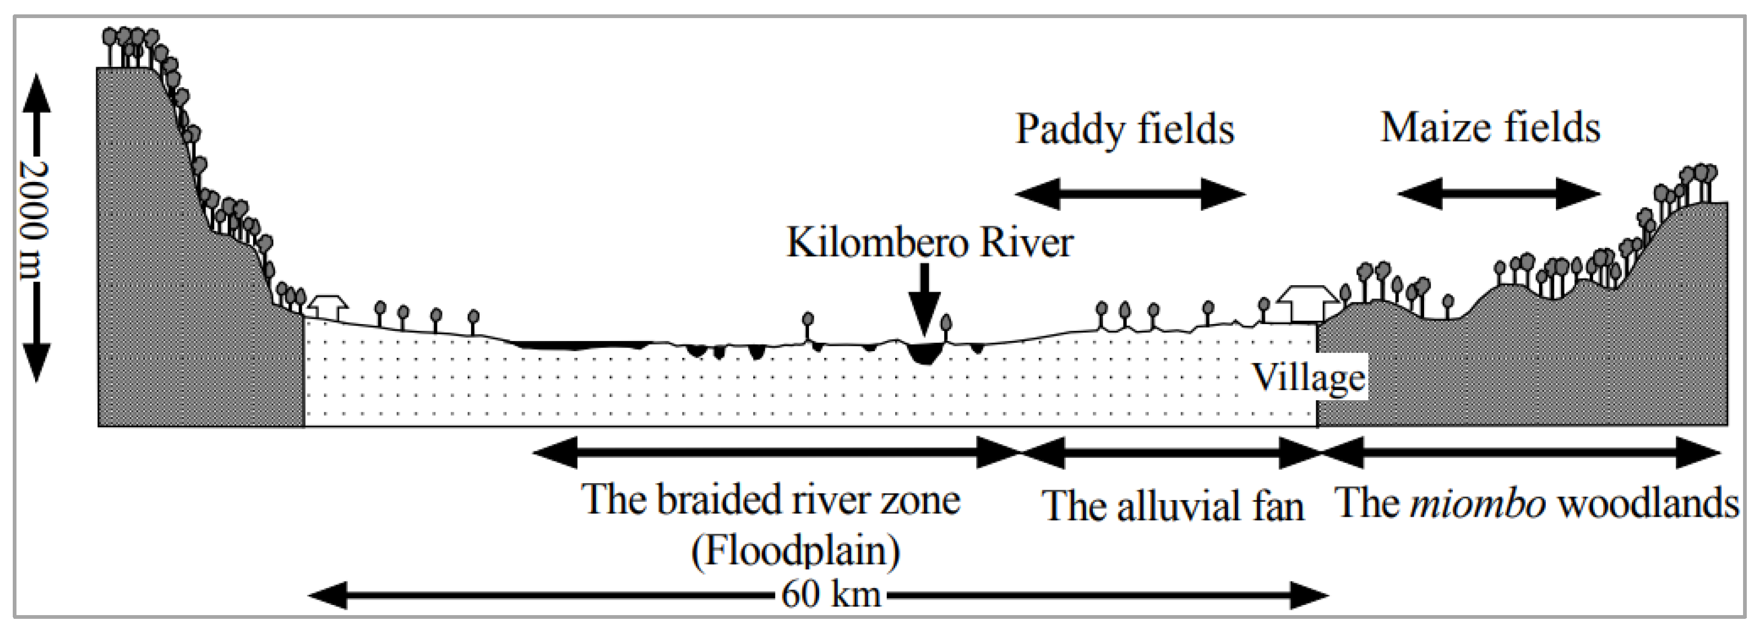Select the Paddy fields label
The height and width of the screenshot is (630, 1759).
[x=1125, y=129]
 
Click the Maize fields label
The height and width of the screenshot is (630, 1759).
[x=1490, y=128]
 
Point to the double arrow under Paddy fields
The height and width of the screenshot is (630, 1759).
[x=1130, y=194]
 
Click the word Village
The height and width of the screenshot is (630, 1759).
[x=1308, y=377]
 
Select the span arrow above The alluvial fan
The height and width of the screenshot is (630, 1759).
[x=1171, y=452]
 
